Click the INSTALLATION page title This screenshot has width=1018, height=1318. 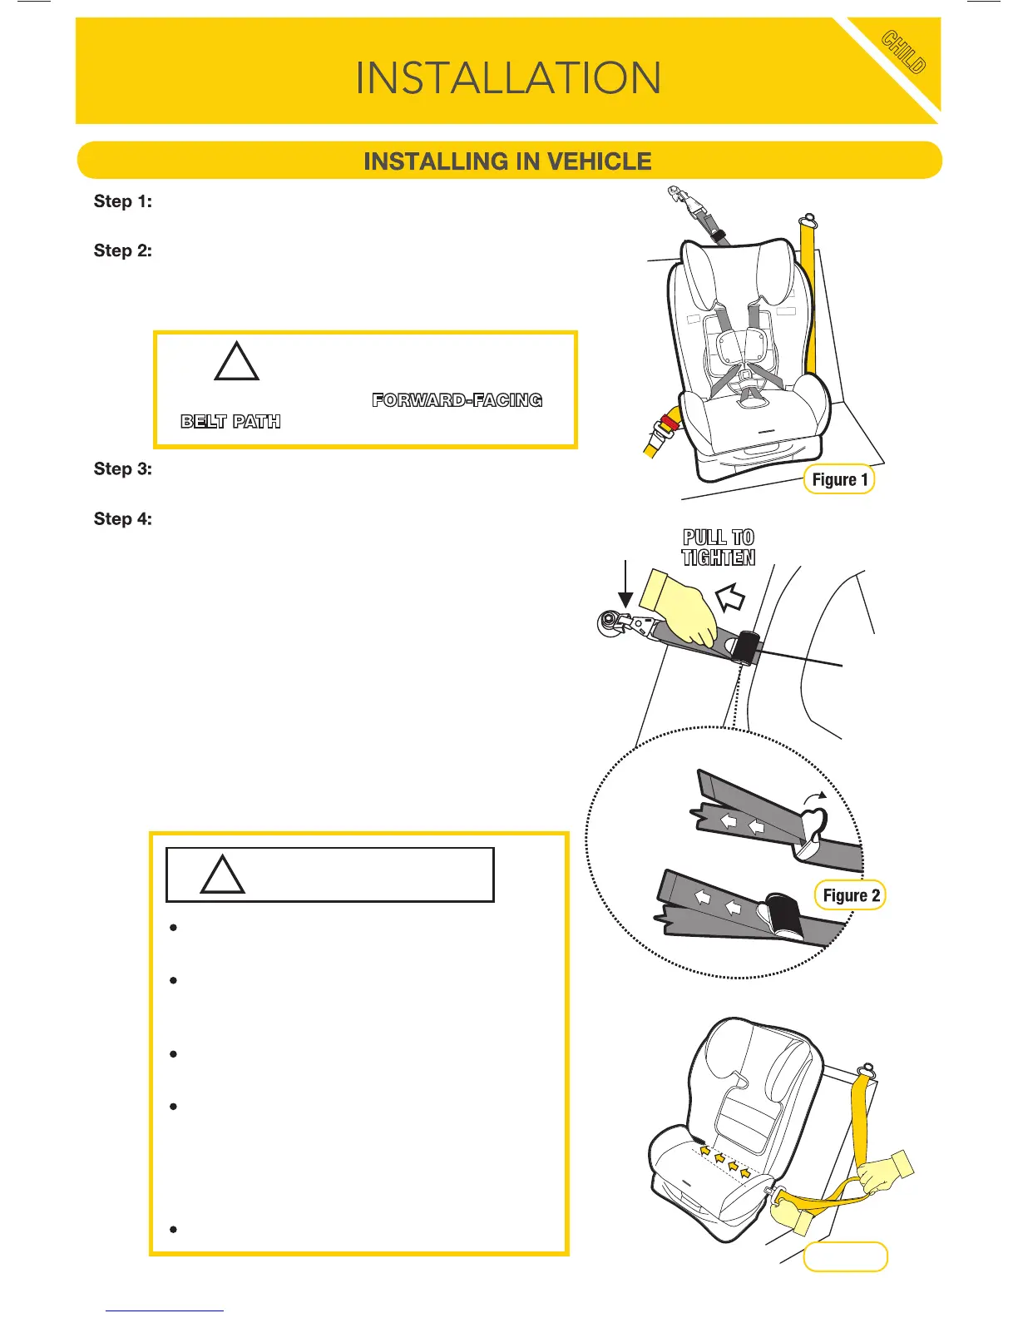(x=508, y=78)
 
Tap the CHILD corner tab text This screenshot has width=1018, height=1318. (x=903, y=52)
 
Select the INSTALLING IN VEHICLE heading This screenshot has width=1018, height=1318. (x=508, y=161)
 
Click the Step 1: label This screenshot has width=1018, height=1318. (x=123, y=201)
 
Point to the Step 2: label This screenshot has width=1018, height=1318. (x=123, y=250)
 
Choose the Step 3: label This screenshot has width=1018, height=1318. (x=123, y=468)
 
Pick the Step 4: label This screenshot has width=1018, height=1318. (x=123, y=518)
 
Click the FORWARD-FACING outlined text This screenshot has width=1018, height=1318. (x=457, y=400)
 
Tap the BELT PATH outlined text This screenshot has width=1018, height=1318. (x=230, y=421)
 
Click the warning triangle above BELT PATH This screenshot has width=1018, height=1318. (x=237, y=363)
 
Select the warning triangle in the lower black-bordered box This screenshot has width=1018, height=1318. (x=223, y=876)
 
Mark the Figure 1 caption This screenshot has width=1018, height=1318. (x=839, y=479)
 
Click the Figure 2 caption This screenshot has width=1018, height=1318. (x=850, y=895)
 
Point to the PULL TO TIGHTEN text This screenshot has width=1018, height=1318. (x=719, y=548)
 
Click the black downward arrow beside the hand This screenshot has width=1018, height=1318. (x=625, y=585)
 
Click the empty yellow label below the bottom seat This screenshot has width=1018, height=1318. (x=845, y=1256)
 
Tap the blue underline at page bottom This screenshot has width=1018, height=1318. (x=165, y=1311)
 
